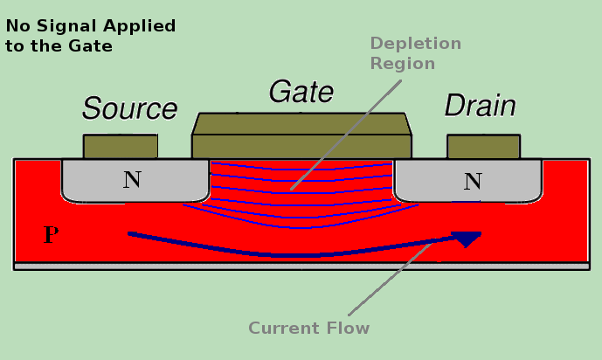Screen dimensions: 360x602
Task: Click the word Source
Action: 129,109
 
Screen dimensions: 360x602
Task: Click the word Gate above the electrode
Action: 301,92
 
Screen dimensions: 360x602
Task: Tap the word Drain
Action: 480,107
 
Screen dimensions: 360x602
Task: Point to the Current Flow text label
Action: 308,329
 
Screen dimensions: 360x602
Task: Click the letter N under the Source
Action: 132,180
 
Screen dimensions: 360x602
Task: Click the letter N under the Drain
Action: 473,182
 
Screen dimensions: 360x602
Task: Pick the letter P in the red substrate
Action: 52,234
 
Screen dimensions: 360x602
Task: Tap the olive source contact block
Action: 121,146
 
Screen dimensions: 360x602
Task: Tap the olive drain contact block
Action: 483,146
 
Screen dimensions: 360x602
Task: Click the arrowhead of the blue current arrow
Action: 468,237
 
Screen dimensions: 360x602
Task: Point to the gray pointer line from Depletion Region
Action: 349,131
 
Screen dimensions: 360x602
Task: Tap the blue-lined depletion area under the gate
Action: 262,188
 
